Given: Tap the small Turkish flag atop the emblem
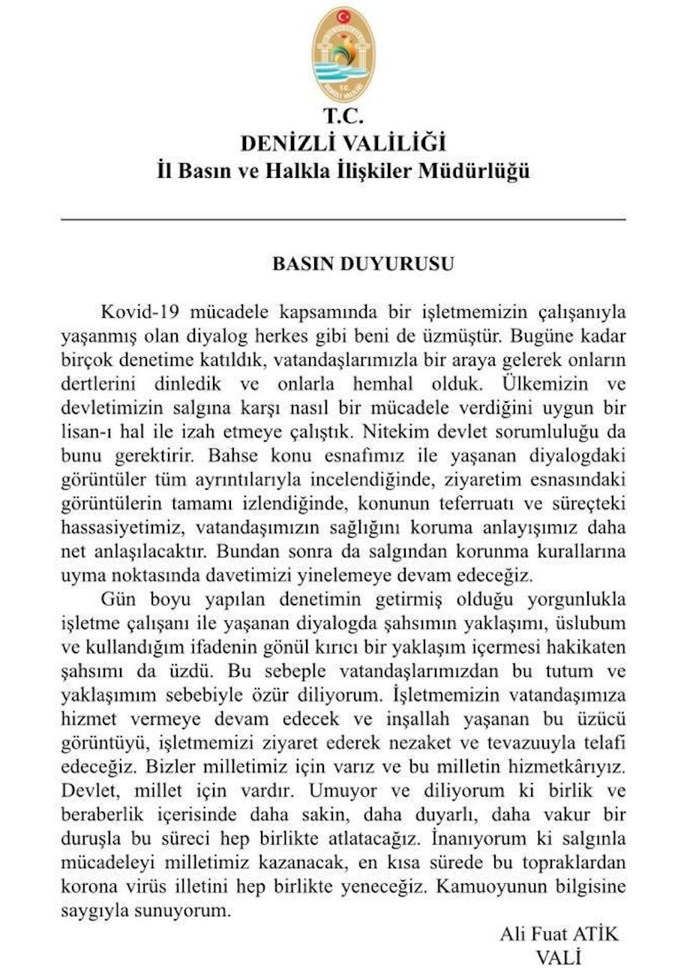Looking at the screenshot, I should [x=343, y=16].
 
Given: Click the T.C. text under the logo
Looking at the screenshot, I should [x=343, y=116].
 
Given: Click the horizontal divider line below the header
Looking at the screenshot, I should [x=343, y=219].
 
